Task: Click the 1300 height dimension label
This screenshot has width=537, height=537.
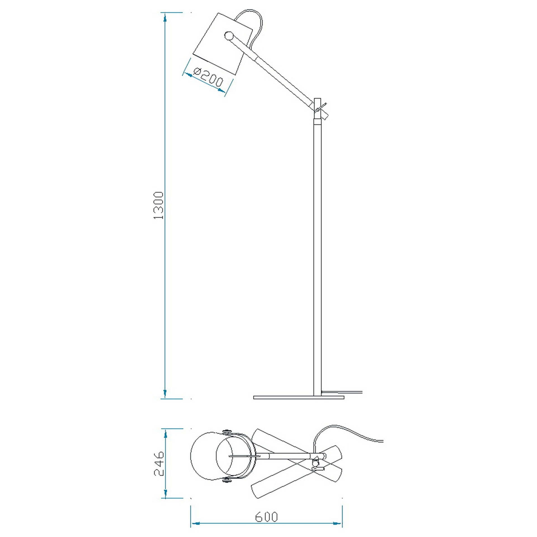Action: [158, 206]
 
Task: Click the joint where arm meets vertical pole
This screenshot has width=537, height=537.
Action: [319, 110]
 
